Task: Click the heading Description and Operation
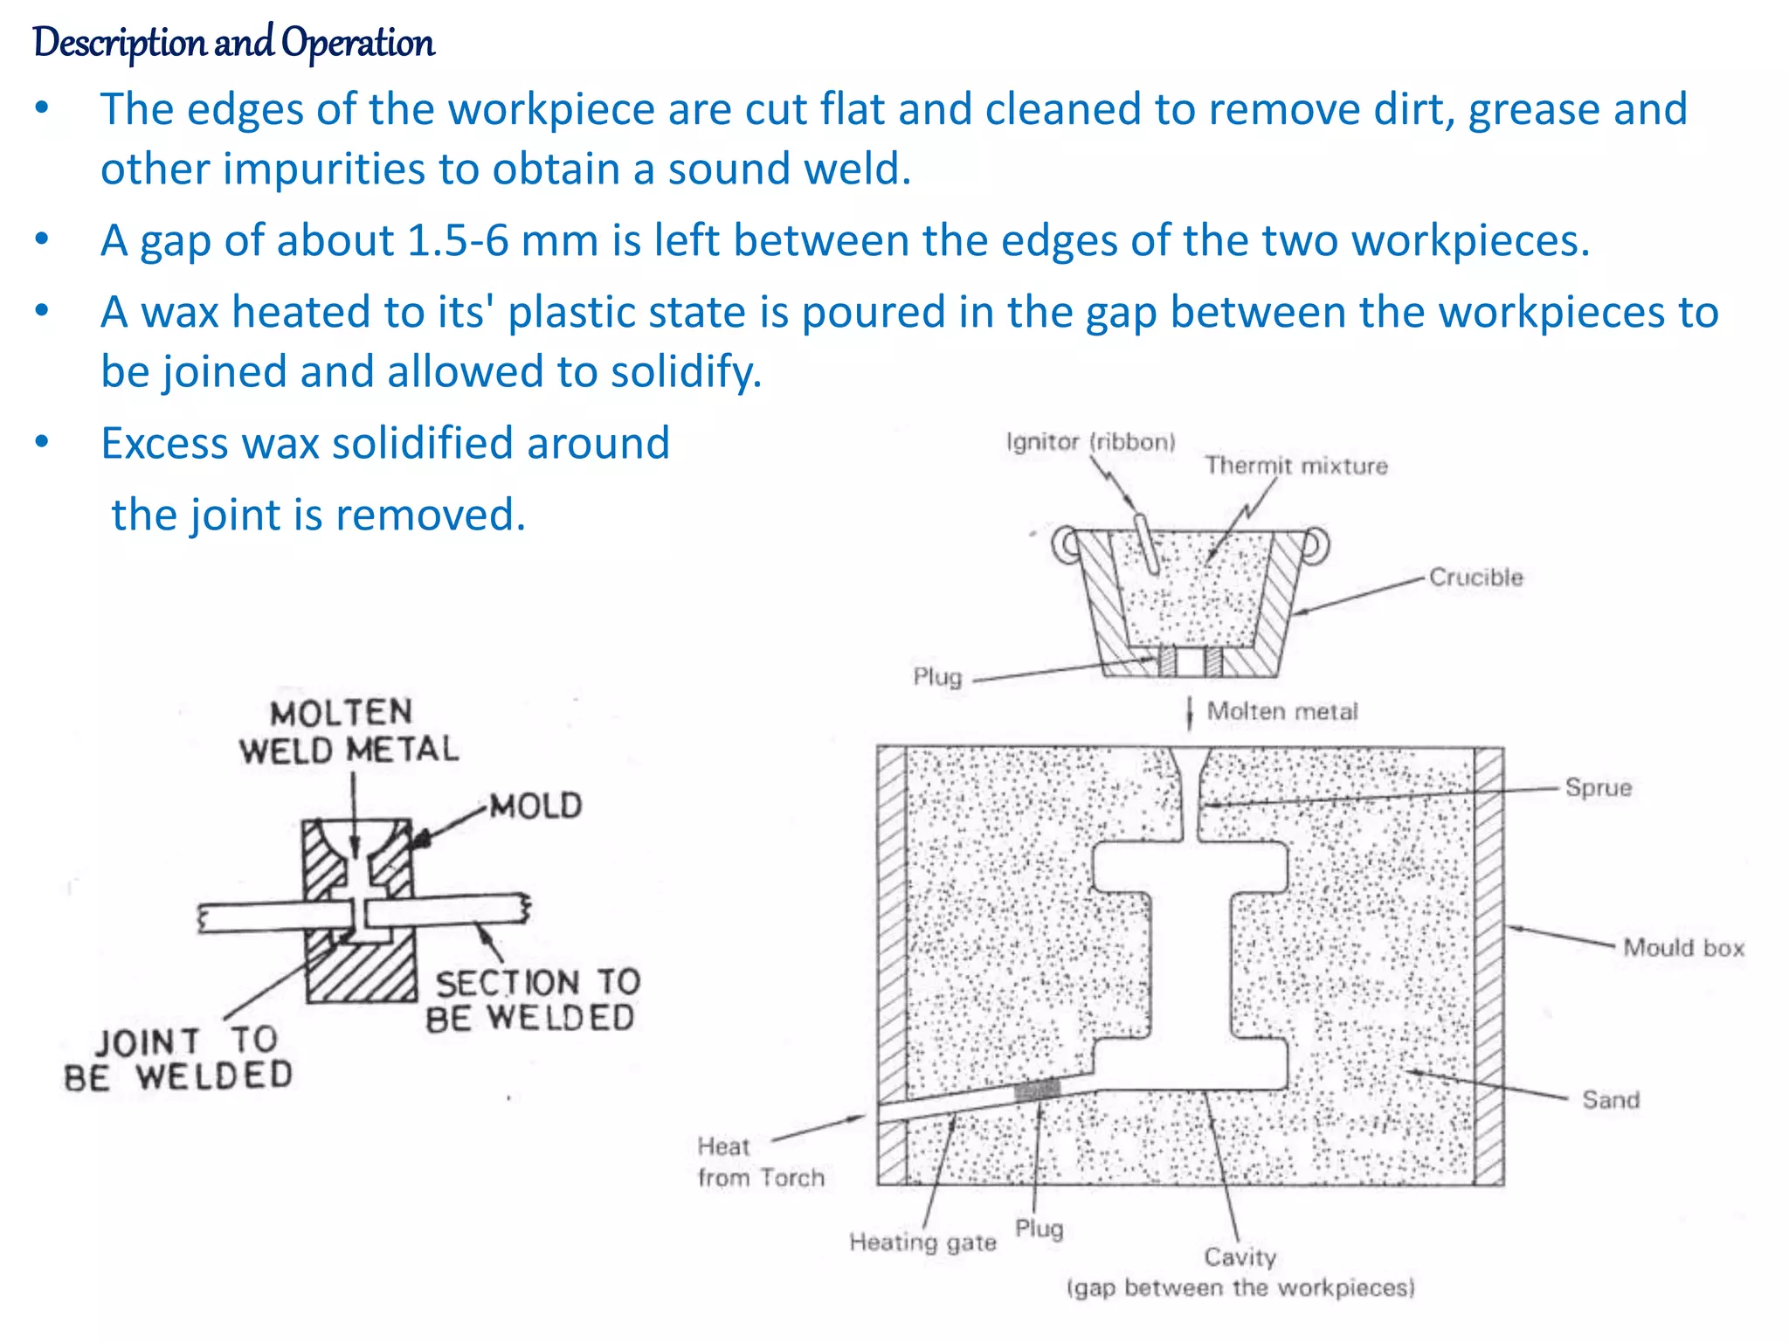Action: [x=233, y=43]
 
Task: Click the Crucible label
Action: [x=1475, y=578]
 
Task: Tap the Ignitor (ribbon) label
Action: [x=1090, y=442]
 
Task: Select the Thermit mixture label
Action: [x=1295, y=466]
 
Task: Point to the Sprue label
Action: [x=1598, y=787]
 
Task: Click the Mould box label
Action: [x=1682, y=948]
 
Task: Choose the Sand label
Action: [x=1610, y=1099]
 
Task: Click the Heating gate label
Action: [x=922, y=1242]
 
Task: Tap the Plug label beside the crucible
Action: [x=936, y=677]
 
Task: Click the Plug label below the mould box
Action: [x=1039, y=1228]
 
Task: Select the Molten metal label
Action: [x=1281, y=711]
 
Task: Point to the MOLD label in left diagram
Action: [x=535, y=806]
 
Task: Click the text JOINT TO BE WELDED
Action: [x=179, y=1059]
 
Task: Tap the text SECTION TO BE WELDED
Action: [x=533, y=1000]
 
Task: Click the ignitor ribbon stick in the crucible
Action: [x=1146, y=543]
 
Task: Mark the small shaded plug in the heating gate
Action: [x=1037, y=1090]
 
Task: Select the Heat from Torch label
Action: [x=759, y=1162]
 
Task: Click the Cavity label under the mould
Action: [x=1240, y=1257]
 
